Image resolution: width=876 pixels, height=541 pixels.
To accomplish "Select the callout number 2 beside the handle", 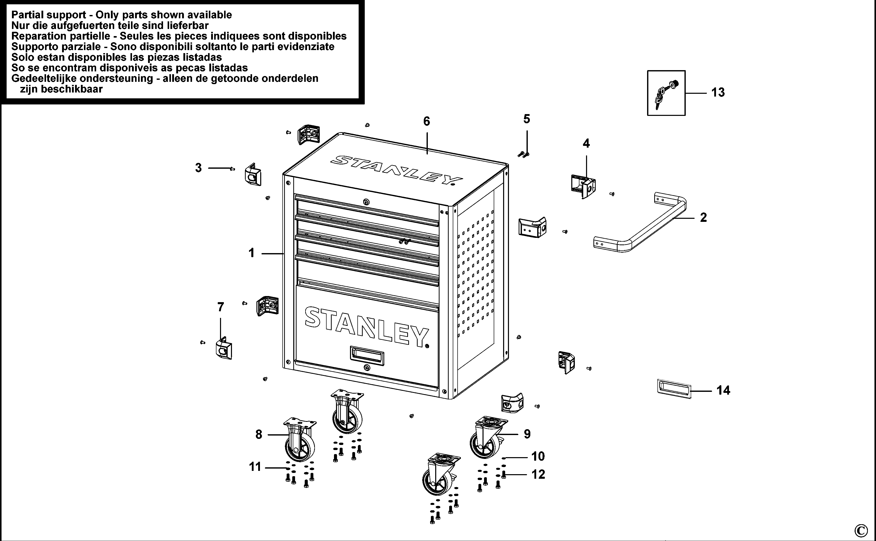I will tap(703, 218).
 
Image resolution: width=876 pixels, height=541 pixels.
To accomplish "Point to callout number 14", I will tap(723, 390).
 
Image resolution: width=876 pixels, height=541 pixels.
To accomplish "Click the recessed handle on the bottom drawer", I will tap(367, 356).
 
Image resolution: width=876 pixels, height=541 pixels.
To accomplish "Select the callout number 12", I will tap(538, 474).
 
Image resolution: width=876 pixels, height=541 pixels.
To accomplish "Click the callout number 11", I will tap(255, 467).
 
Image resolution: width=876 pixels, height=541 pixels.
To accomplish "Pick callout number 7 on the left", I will tap(221, 307).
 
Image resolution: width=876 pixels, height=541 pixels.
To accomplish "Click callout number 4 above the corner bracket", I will tap(586, 144).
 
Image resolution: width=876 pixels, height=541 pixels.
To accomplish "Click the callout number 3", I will tap(198, 168).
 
